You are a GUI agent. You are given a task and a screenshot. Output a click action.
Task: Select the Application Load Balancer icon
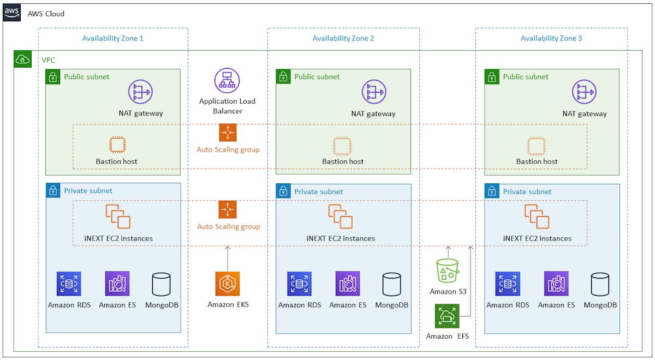click(x=227, y=81)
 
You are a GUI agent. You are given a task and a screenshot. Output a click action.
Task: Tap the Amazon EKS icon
click(x=228, y=284)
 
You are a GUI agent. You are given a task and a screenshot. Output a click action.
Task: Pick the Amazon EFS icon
click(x=447, y=316)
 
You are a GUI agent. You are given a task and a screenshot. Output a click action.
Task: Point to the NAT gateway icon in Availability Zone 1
click(x=140, y=92)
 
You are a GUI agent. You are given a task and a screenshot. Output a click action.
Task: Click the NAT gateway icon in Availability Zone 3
click(x=584, y=92)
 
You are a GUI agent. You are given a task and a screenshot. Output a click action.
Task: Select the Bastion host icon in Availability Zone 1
click(x=117, y=145)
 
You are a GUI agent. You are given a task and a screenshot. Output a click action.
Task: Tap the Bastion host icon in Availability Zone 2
click(x=342, y=145)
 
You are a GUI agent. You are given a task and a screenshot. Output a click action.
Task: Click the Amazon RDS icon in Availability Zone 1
click(x=69, y=284)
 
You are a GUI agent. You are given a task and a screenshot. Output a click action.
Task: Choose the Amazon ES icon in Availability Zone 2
click(x=348, y=284)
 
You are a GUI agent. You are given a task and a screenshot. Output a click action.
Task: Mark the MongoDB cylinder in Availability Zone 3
click(x=600, y=284)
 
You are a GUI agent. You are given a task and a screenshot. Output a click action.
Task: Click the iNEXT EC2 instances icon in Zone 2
click(x=341, y=217)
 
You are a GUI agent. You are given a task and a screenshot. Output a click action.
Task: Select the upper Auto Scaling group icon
click(x=228, y=133)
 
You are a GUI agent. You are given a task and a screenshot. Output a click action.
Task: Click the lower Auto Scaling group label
click(x=228, y=226)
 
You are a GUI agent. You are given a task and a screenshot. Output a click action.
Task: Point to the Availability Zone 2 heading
click(x=343, y=38)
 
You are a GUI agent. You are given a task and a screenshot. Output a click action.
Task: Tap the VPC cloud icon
click(x=22, y=59)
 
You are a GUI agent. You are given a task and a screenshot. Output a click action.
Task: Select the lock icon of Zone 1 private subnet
click(x=53, y=190)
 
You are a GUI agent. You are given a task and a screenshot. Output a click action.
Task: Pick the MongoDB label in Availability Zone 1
click(x=162, y=305)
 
